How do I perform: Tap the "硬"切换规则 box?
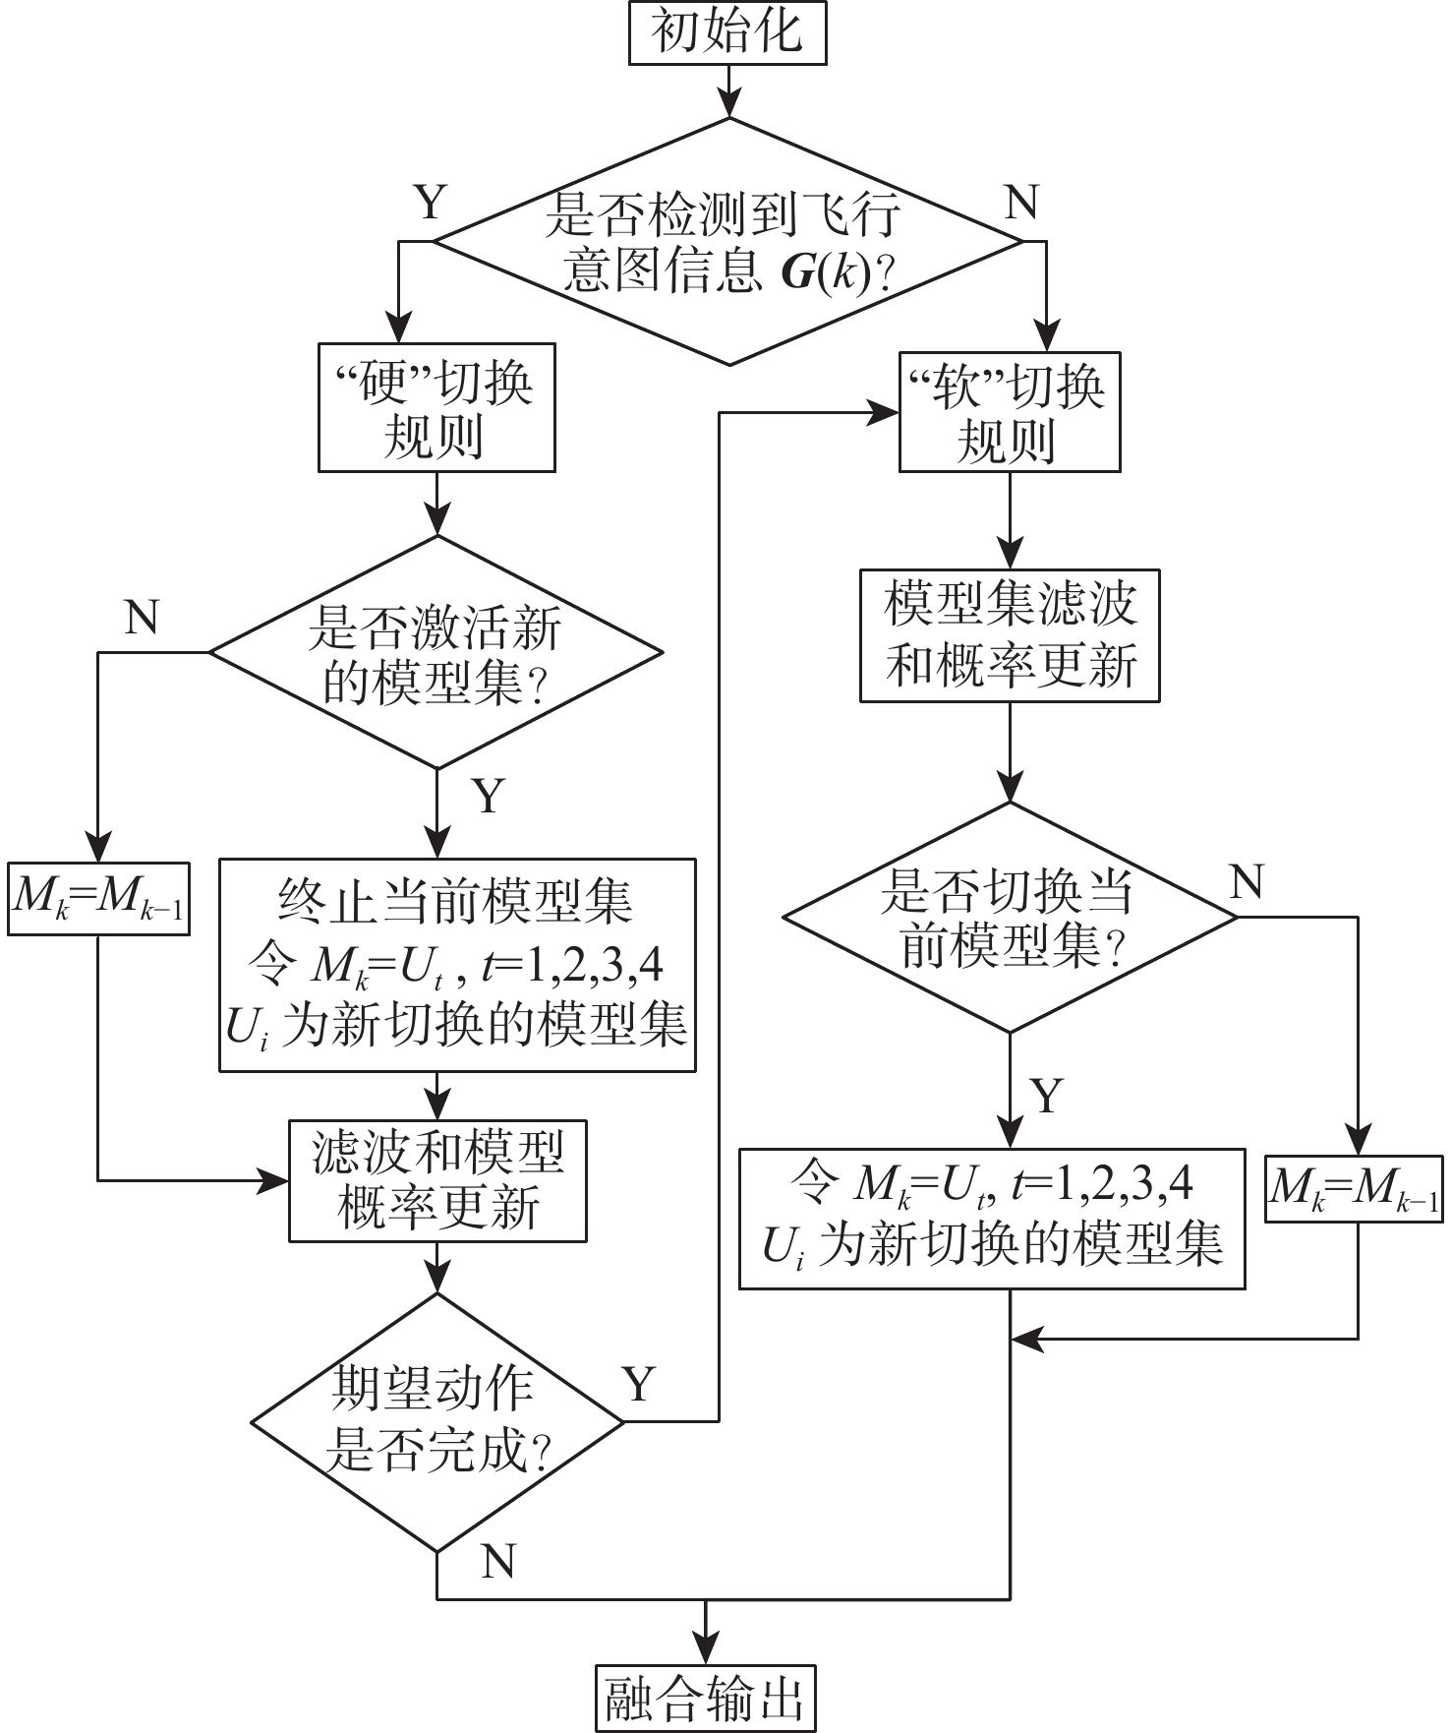436,407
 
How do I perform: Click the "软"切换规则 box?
1010,413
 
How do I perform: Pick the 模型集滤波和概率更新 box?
1010,635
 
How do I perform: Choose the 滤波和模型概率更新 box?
437,1180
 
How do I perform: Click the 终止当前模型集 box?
457,965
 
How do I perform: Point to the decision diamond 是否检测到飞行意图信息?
728,242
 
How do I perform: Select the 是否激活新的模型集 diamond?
436,652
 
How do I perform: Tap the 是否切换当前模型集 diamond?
1010,918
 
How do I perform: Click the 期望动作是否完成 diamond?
437,1421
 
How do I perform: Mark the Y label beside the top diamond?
430,204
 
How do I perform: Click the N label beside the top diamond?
1022,204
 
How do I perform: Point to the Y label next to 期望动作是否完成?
639,1385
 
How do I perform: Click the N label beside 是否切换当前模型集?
1247,882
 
